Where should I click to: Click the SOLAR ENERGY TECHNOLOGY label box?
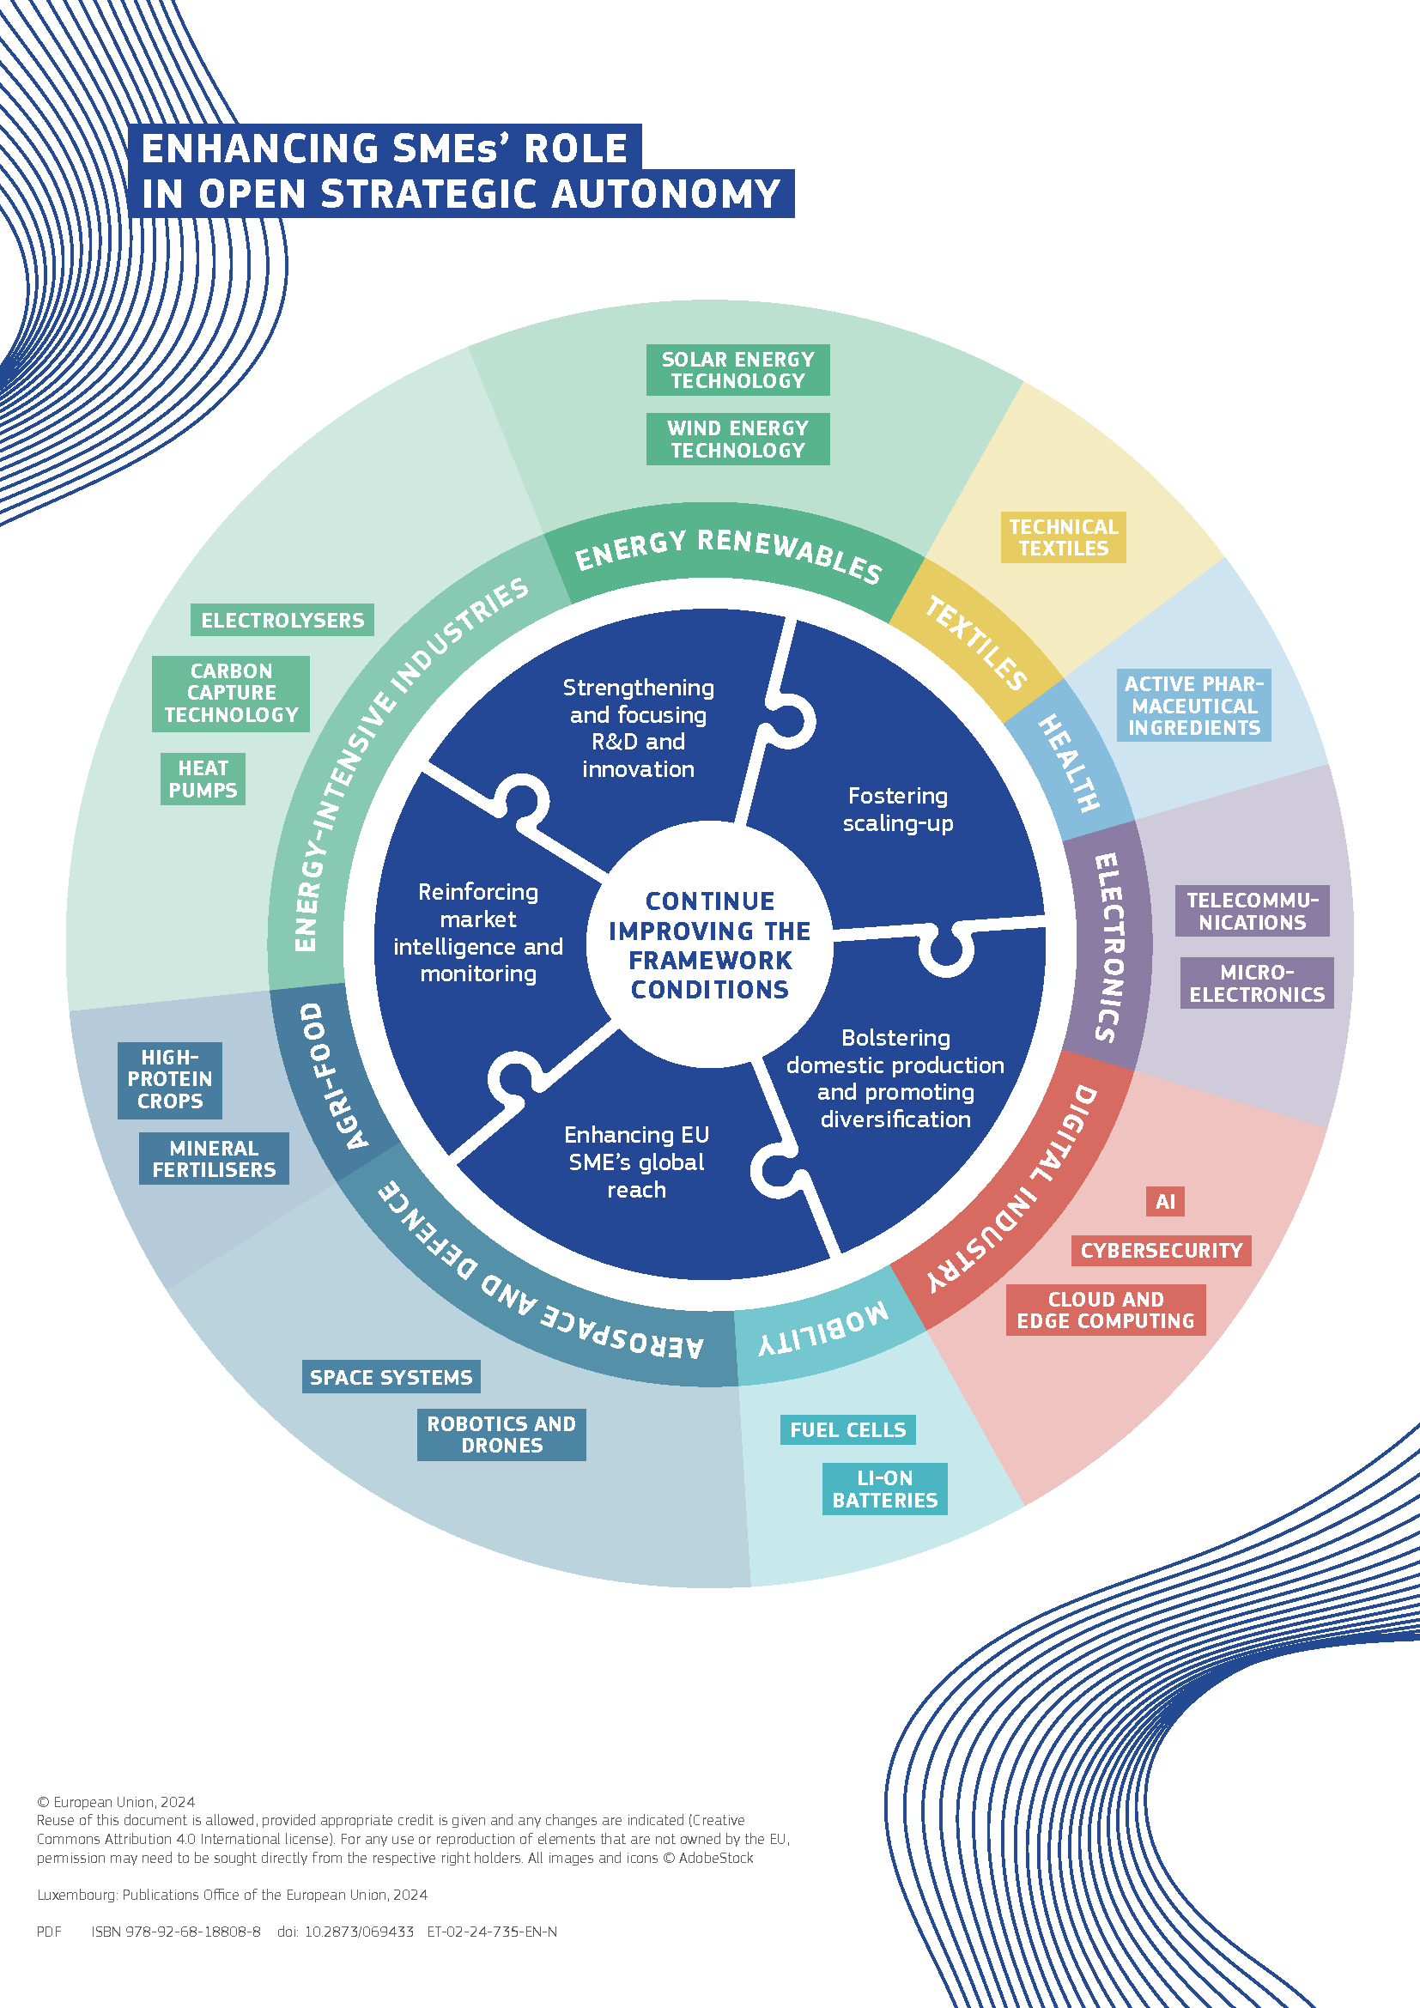coord(737,370)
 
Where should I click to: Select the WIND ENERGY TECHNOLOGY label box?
coord(737,439)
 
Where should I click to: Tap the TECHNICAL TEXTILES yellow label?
coord(1062,537)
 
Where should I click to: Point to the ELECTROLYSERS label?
coord(282,620)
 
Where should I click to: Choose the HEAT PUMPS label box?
coord(203,779)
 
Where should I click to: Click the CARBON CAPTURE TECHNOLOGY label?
coord(231,693)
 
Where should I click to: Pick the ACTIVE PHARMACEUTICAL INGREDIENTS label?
coord(1193,705)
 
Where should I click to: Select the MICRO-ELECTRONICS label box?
coord(1257,983)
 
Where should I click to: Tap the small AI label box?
coord(1165,1201)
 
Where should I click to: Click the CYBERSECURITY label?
coord(1162,1250)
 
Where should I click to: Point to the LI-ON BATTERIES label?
coord(884,1489)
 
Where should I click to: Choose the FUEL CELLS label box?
coord(847,1430)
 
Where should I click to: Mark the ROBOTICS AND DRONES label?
coord(501,1435)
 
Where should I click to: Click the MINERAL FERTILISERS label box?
coord(214,1158)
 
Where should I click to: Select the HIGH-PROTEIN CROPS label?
coord(170,1079)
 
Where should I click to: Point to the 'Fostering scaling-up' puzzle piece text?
coord(898,809)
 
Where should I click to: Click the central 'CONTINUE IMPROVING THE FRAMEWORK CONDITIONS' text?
coord(710,944)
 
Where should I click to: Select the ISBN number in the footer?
coord(176,1931)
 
